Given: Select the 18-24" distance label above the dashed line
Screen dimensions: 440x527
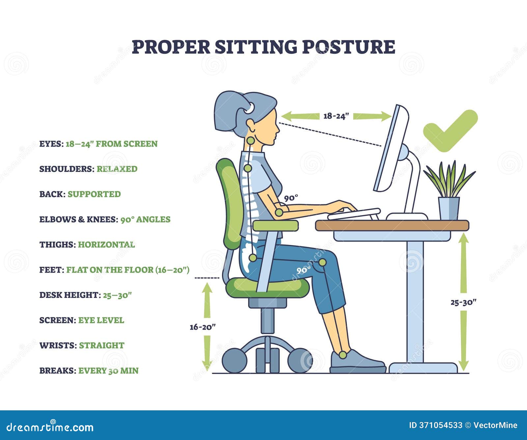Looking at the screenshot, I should (336, 116).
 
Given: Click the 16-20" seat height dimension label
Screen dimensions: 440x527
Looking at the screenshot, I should (203, 327).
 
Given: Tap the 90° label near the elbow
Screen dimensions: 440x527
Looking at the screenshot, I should (291, 198).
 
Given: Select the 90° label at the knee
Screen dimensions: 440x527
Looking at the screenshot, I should (303, 270).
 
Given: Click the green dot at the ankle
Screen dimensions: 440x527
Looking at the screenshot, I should (343, 355).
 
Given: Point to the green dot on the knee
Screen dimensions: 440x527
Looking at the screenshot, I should (322, 262).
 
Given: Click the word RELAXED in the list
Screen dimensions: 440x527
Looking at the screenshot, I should (117, 169).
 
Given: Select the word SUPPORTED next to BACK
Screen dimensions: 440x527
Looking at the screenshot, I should (94, 194).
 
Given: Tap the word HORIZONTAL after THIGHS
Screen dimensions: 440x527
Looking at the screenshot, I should (106, 245).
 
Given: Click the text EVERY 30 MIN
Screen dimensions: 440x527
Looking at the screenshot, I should (108, 370).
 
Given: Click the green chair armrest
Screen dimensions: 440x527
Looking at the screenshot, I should (276, 226).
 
